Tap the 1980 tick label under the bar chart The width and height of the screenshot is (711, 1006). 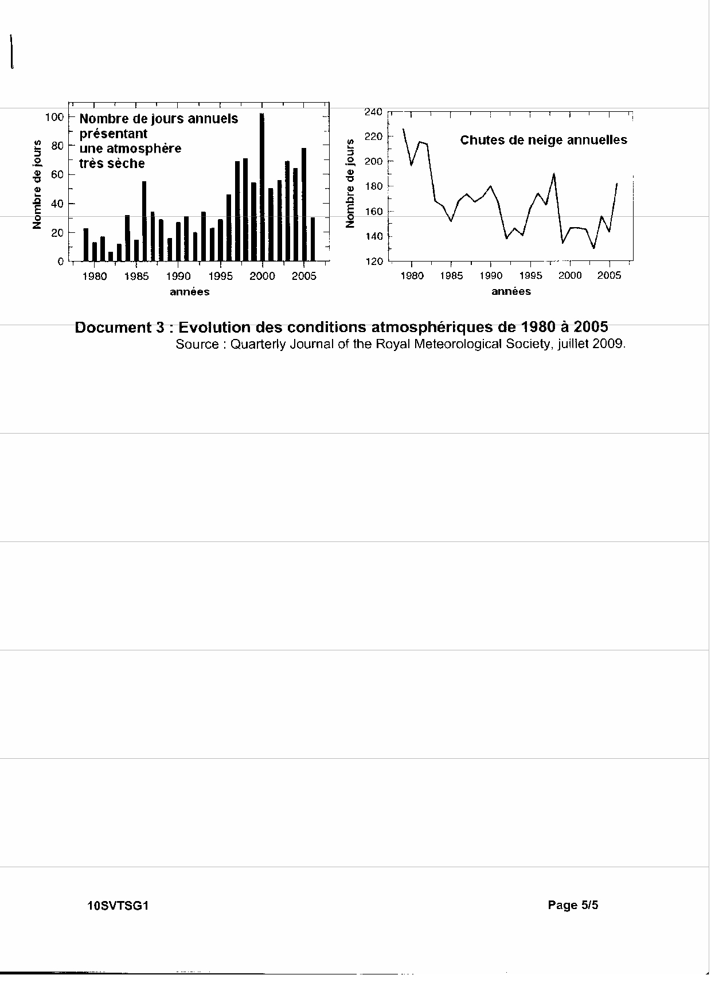pos(94,276)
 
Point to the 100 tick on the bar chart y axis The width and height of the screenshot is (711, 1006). pos(55,117)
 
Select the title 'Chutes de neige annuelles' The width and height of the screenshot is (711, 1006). pos(544,140)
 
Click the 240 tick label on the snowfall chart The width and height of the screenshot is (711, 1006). pos(373,111)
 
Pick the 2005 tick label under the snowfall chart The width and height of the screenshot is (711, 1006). pos(609,276)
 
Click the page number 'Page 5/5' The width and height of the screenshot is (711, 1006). pos(573,905)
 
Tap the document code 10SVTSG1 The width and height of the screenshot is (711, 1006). pos(118,906)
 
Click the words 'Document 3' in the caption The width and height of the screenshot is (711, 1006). pos(120,327)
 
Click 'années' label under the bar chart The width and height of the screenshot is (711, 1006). pos(190,292)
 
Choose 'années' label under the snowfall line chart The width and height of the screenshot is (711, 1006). pos(511,292)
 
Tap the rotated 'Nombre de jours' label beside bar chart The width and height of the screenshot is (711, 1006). pos(38,185)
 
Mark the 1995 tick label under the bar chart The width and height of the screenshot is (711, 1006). pos(220,276)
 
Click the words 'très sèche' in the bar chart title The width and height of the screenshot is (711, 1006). pos(112,163)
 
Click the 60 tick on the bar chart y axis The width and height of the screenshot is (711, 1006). pos(58,174)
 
